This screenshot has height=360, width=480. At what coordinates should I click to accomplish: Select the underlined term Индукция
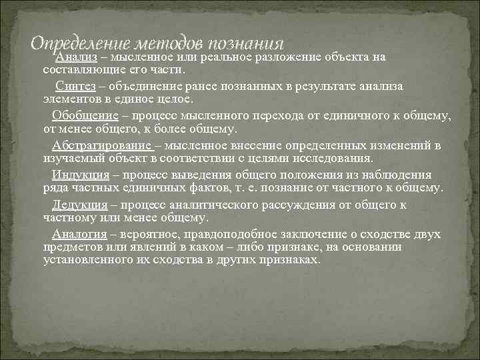tap(81, 175)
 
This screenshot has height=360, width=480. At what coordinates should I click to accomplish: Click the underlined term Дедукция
tap(81, 204)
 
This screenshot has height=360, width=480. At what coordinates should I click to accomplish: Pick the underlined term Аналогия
tap(80, 233)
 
